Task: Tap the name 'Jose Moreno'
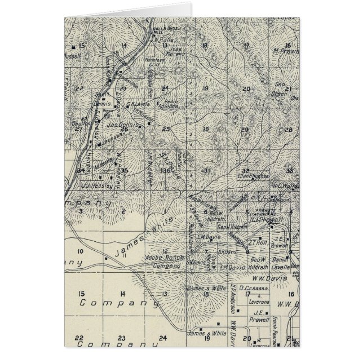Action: (x=177, y=51)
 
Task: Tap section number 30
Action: (x=205, y=129)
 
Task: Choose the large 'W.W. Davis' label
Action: (x=270, y=278)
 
